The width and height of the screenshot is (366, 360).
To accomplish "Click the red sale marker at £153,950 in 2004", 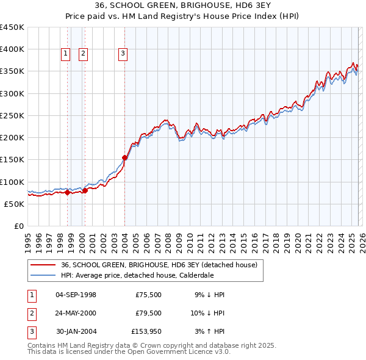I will pyautogui.click(x=124, y=157).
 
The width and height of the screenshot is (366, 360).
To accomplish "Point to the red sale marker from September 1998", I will pyautogui.click(x=67, y=192).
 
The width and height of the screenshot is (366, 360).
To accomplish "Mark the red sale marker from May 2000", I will pyautogui.click(x=85, y=190).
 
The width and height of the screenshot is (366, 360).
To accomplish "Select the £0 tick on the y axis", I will pyautogui.click(x=19, y=226).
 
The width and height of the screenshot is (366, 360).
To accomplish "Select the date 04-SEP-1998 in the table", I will pyautogui.click(x=76, y=295).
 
